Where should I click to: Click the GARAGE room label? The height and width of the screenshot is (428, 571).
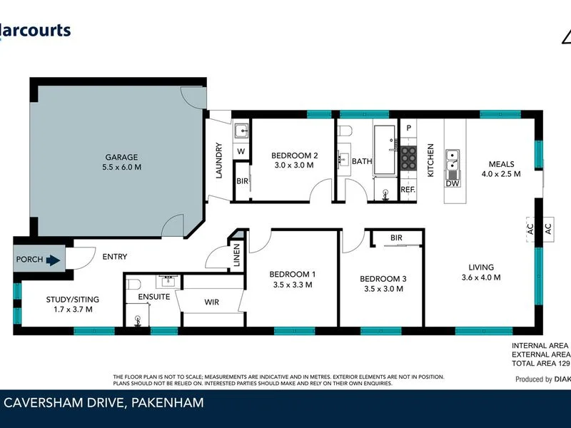pyautogui.click(x=122, y=158)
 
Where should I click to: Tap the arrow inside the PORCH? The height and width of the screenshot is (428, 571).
pyautogui.click(x=54, y=260)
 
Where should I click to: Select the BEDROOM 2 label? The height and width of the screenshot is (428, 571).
pyautogui.click(x=294, y=156)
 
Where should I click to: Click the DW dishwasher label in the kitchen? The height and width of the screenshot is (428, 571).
pyautogui.click(x=453, y=183)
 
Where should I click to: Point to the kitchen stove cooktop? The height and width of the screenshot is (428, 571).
pyautogui.click(x=408, y=157)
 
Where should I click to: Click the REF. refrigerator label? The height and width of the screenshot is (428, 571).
pyautogui.click(x=408, y=190)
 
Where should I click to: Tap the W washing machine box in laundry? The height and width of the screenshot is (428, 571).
pyautogui.click(x=241, y=151)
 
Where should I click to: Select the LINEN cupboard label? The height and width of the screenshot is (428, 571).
pyautogui.click(x=237, y=258)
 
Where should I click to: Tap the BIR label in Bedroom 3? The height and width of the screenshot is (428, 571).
pyautogui.click(x=397, y=238)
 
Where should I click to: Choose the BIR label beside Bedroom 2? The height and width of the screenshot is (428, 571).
pyautogui.click(x=242, y=181)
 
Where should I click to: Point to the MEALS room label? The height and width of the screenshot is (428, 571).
pyautogui.click(x=501, y=164)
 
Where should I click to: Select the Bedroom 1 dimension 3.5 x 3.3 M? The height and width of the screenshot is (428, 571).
pyautogui.click(x=293, y=285)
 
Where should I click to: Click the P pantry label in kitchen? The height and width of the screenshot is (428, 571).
pyautogui.click(x=409, y=128)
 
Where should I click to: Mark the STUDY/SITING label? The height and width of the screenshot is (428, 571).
pyautogui.click(x=58, y=299)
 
